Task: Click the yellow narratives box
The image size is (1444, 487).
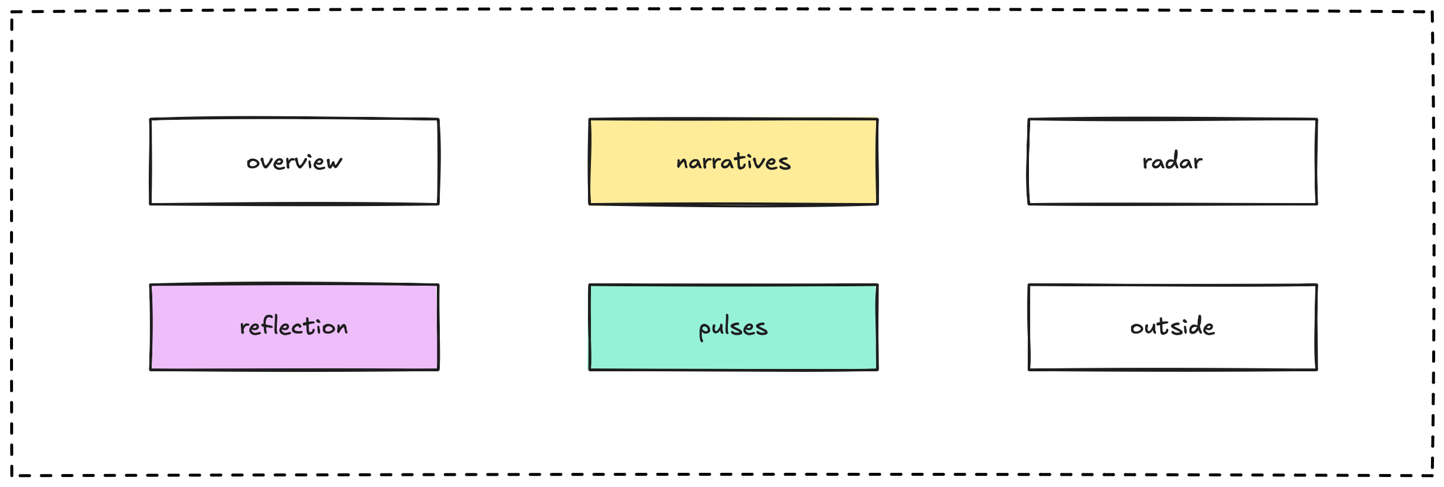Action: click(733, 162)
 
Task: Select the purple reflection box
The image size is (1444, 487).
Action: click(295, 327)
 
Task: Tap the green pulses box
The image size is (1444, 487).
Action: click(733, 327)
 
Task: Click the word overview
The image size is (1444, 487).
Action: click(294, 162)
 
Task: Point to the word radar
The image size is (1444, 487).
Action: click(1172, 161)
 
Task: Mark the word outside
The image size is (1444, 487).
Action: click(1172, 326)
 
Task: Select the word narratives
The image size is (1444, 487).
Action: click(733, 161)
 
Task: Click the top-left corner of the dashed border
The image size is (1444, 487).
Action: click(12, 12)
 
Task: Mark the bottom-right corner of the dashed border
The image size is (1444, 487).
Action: click(1433, 475)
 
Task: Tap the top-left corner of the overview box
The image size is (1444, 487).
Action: click(151, 119)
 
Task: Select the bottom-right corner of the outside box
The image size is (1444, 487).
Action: click(1317, 370)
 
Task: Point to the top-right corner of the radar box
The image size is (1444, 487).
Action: click(1317, 119)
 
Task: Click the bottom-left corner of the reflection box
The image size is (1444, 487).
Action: click(151, 370)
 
